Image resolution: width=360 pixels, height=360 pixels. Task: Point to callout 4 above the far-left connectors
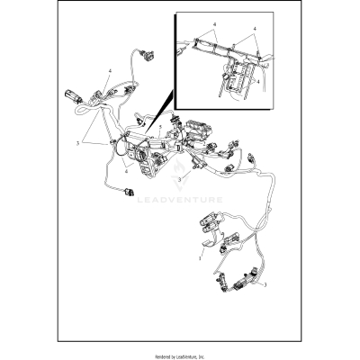(x=110, y=69)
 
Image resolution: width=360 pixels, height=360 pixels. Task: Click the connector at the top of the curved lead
(x=147, y=54)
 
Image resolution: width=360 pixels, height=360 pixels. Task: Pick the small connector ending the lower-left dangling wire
(x=130, y=193)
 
